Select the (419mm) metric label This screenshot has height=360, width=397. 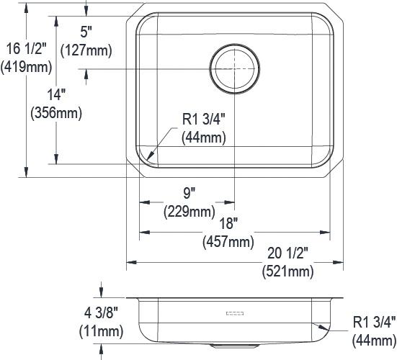[x=26, y=68]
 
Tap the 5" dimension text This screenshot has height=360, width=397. [x=87, y=32]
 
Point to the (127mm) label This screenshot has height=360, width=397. [x=87, y=50]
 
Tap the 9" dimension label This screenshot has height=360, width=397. [x=189, y=193]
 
